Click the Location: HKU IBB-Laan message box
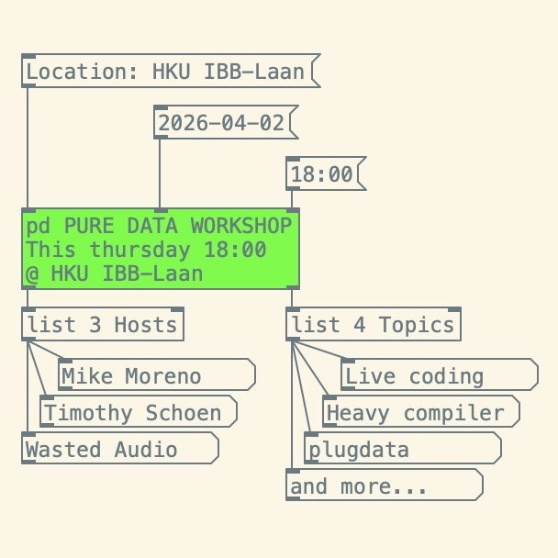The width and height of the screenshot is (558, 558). pos(165,72)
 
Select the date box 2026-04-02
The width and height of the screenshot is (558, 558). pos(221,123)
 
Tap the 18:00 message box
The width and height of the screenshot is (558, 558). pos(322,174)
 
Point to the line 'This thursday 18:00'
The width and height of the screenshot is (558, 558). pos(146,250)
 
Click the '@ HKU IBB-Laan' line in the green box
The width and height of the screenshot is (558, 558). pos(115,273)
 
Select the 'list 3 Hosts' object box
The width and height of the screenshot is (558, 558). pos(101,325)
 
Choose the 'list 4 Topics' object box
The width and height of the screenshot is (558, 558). pos(372,325)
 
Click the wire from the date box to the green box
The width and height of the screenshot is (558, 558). pos(160,173)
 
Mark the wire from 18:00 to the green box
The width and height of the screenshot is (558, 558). pos(292,199)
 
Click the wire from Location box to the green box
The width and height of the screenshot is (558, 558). pos(28,147)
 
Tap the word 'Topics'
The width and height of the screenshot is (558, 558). pos(417,325)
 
